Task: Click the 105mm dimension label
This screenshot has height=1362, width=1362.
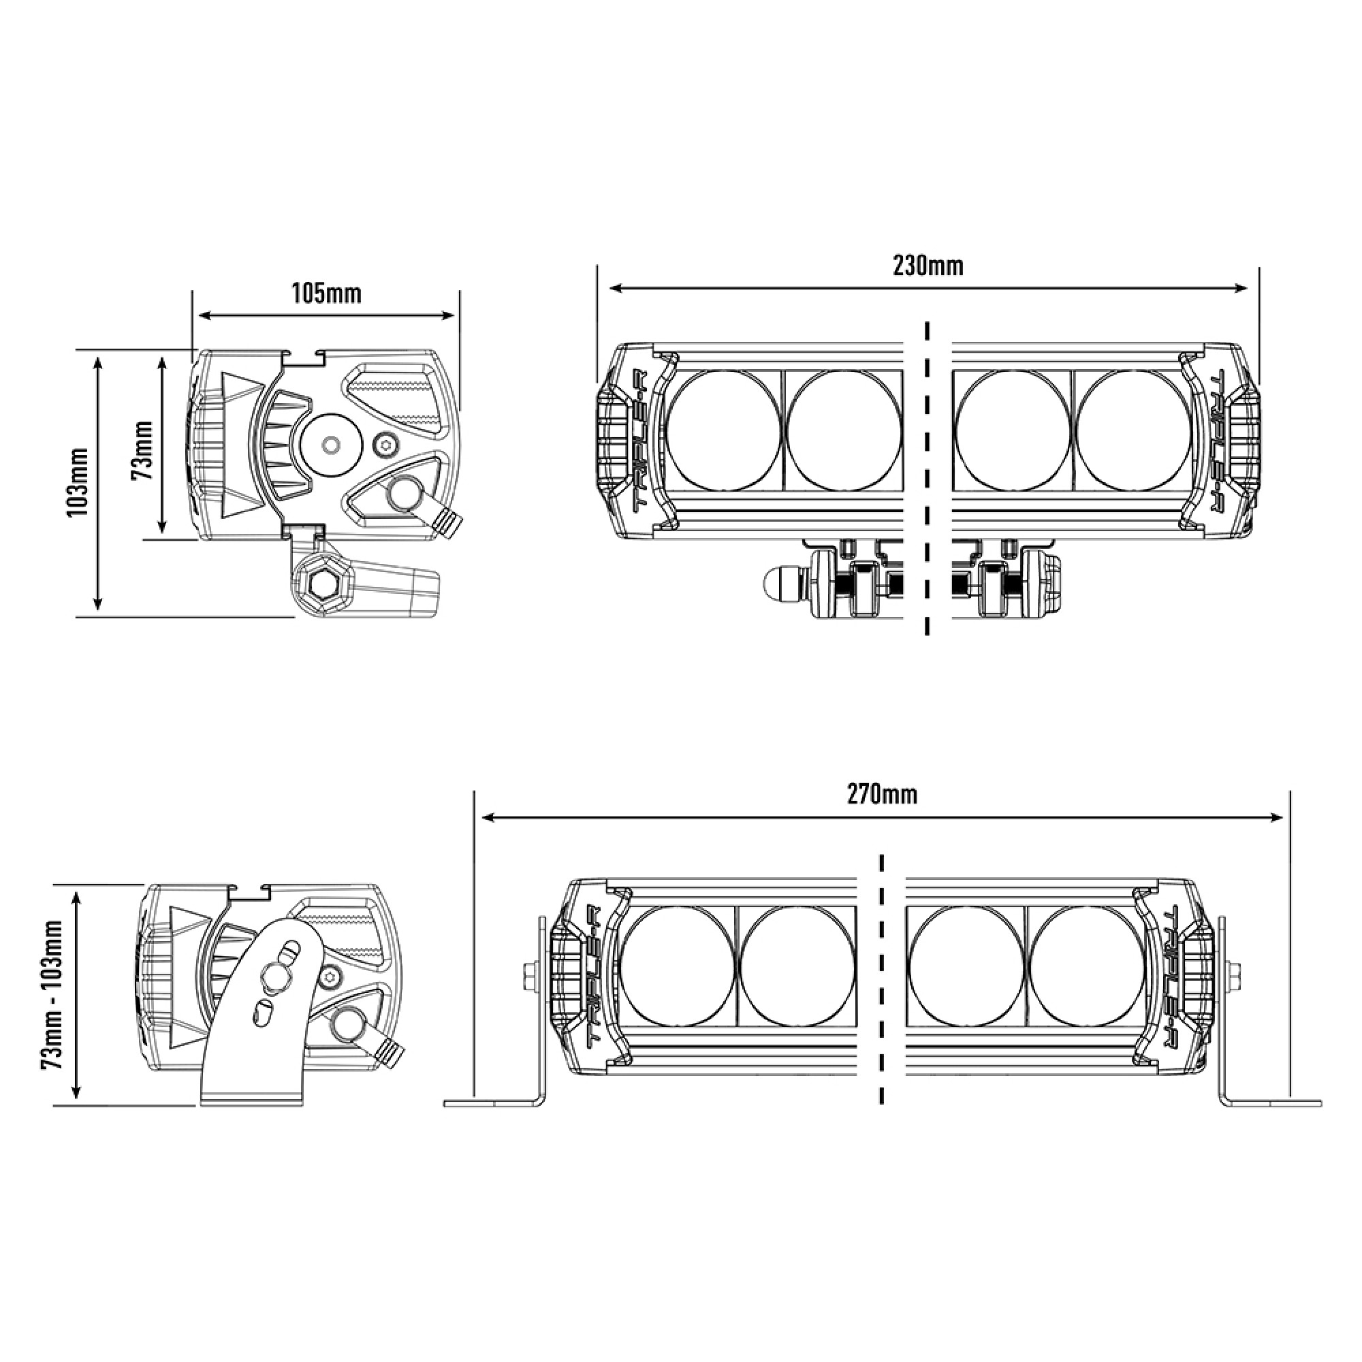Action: point(326,294)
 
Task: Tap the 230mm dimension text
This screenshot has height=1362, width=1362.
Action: point(928,266)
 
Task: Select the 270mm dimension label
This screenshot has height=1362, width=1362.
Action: point(882,795)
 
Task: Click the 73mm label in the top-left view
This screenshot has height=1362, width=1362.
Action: point(142,449)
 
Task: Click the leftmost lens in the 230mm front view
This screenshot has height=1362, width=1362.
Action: point(723,429)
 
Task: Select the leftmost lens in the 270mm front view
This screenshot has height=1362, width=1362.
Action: point(678,965)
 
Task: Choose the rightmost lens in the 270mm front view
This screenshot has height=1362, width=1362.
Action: point(1087,965)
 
